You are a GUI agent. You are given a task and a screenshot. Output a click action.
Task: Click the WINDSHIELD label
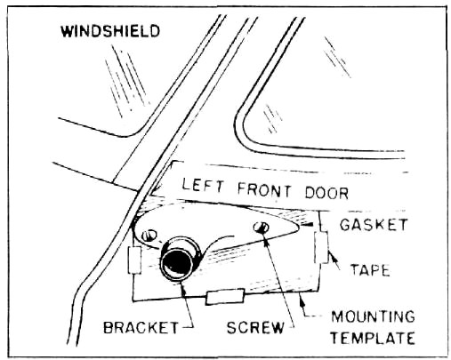tap(110, 31)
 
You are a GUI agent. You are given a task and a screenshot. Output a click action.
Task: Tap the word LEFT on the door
tap(203, 185)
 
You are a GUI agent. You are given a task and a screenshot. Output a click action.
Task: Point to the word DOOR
tap(326, 193)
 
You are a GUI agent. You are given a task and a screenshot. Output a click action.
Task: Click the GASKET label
tap(374, 225)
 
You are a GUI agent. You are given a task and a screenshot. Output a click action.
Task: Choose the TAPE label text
tap(370, 270)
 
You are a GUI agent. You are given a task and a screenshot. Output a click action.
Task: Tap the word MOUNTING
tap(373, 316)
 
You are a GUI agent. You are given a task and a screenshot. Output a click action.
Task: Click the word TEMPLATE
tap(372, 338)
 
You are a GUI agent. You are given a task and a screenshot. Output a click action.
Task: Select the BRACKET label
tap(141, 327)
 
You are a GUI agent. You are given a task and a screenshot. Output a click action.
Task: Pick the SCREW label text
tap(255, 327)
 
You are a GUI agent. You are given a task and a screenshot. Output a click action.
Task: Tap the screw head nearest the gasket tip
tap(262, 228)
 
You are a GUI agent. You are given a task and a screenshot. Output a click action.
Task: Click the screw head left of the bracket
tap(149, 236)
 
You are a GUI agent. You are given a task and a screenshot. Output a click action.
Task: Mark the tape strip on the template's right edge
tap(322, 247)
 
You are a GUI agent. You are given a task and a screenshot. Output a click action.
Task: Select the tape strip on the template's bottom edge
tap(225, 296)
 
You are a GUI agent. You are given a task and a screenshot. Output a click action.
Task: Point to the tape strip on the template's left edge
tap(134, 260)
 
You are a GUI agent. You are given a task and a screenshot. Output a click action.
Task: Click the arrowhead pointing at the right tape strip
tap(332, 257)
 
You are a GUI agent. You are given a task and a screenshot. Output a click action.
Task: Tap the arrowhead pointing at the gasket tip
tap(305, 226)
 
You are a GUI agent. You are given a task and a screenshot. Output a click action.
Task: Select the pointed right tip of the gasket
tap(298, 227)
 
